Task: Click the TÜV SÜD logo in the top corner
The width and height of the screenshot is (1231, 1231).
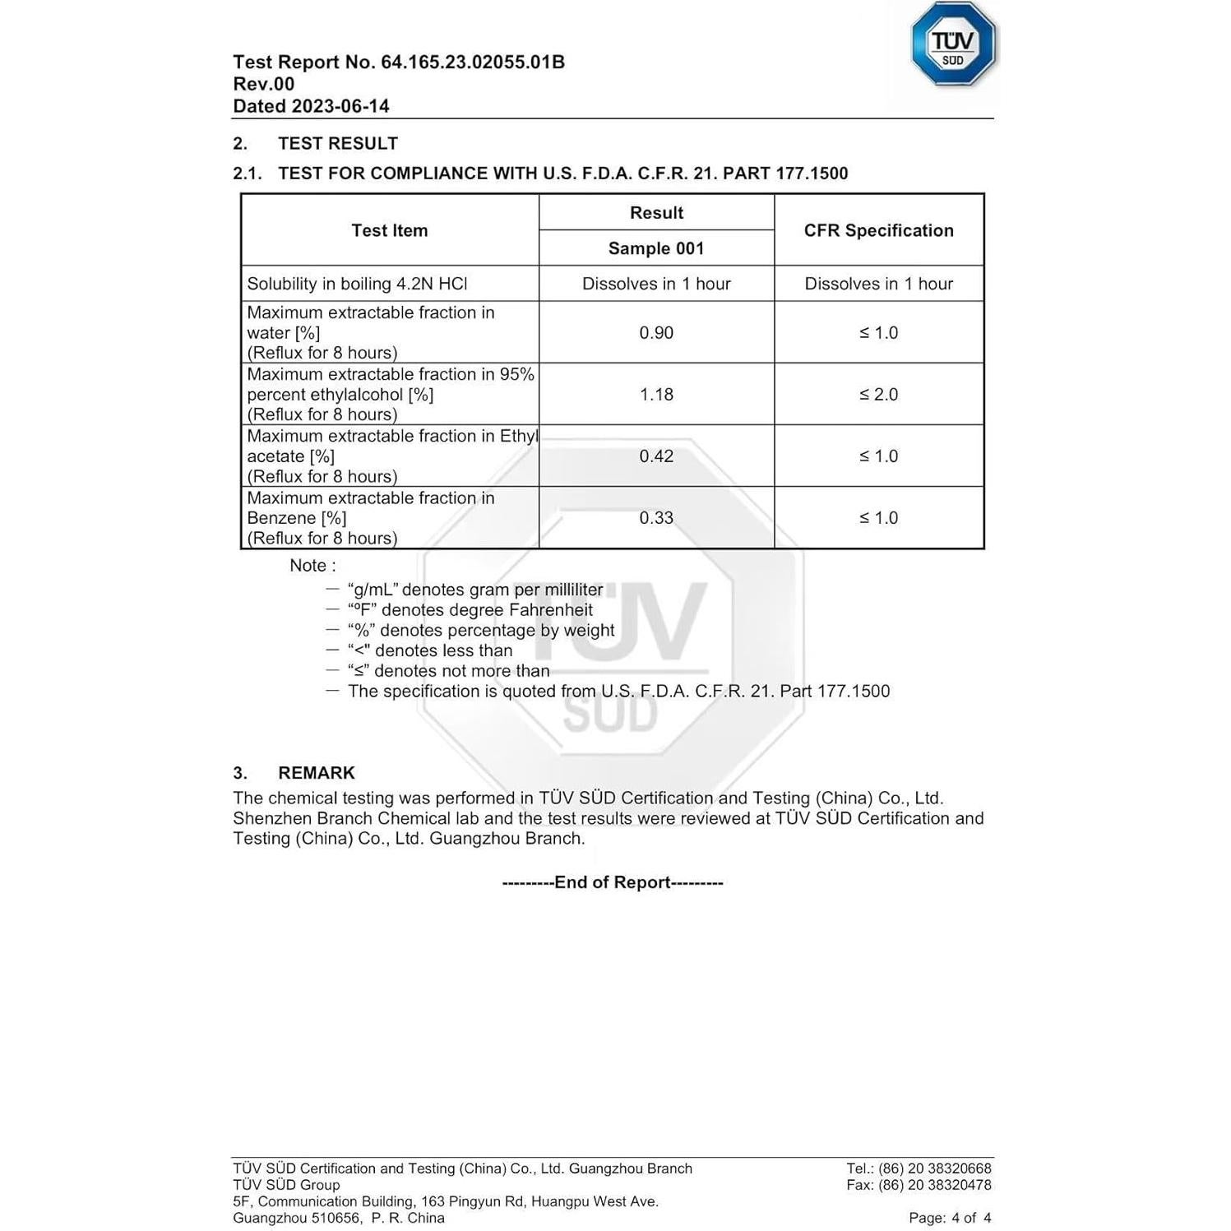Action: coord(952,44)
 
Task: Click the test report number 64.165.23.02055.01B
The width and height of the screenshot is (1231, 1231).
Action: coord(472,62)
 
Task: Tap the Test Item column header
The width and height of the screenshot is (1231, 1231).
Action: coord(390,230)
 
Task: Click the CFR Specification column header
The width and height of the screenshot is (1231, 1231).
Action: coord(878,230)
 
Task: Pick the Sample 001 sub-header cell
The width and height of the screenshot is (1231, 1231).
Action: coord(655,248)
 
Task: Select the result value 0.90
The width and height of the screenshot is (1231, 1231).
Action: coord(655,333)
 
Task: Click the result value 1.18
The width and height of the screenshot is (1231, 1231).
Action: coord(655,395)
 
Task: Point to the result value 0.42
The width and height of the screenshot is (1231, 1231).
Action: coord(655,456)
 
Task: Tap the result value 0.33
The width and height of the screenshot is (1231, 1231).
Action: coord(655,518)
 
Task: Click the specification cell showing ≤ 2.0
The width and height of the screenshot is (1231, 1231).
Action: coord(878,395)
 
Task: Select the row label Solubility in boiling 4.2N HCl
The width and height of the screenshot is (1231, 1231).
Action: coord(357,284)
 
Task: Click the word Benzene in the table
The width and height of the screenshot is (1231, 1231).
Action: coord(280,518)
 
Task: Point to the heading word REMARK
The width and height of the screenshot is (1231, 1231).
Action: coord(316,773)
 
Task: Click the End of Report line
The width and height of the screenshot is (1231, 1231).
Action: coord(613,882)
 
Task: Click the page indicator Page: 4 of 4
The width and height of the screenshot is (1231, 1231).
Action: coord(950,1218)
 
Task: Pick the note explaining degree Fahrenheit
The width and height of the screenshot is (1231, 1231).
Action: coord(470,610)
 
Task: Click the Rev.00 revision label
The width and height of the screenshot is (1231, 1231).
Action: coord(263,84)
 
